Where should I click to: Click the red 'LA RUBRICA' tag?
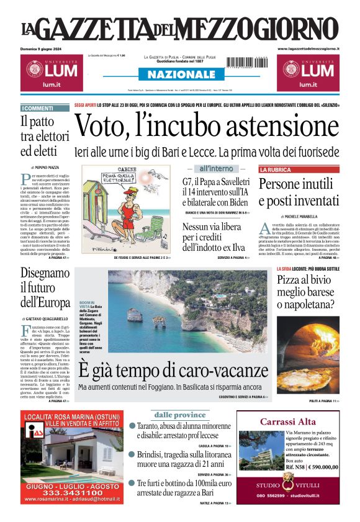275,169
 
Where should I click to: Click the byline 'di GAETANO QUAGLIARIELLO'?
48,318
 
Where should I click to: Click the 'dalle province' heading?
180,415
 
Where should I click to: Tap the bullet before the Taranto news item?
132,426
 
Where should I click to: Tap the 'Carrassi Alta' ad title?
288,422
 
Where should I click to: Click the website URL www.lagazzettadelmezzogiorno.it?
308,48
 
